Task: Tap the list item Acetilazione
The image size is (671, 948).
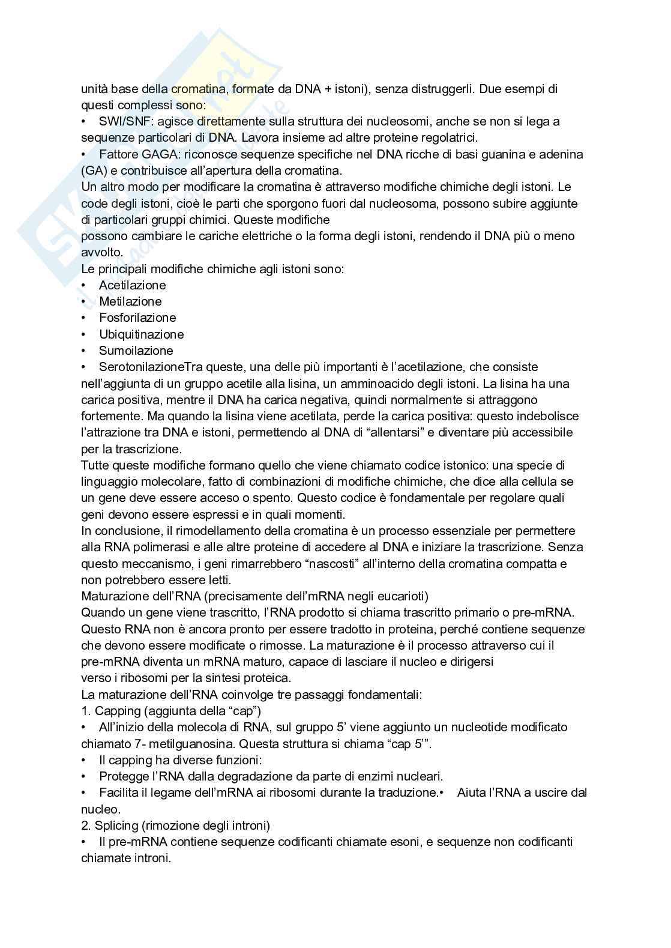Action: pos(132,285)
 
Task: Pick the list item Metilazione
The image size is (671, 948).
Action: pos(130,301)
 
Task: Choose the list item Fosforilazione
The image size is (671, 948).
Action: pos(137,318)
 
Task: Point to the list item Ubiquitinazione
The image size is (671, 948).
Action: pos(142,334)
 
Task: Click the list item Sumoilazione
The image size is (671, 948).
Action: pos(136,351)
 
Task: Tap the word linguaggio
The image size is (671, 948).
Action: pos(108,482)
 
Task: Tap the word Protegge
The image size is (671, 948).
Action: pos(123,776)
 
